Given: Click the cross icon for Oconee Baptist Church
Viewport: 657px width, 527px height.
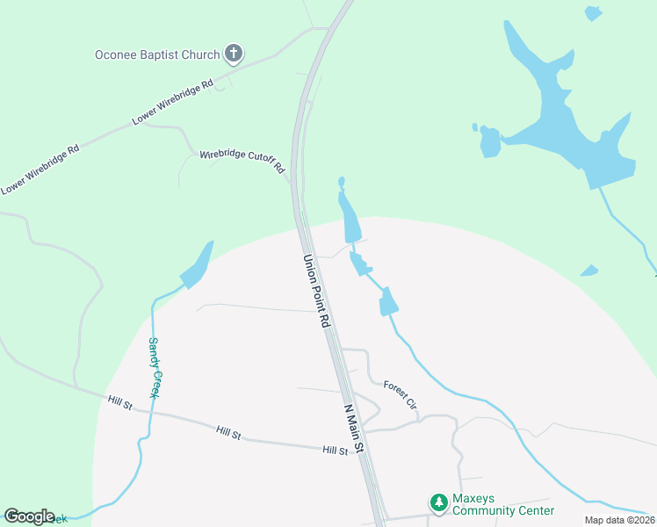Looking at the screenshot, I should pos(234,54).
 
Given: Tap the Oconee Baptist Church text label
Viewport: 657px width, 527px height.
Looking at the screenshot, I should pos(157,54).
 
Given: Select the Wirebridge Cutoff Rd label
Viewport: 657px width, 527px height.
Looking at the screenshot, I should pos(242,161).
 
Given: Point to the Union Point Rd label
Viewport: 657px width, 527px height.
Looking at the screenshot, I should pos(316,292).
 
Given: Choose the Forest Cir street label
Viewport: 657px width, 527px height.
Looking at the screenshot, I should pos(400,393).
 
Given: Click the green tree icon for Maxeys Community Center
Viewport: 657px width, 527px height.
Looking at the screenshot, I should pos(438,502).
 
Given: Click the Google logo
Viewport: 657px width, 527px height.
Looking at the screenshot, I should pos(30,516).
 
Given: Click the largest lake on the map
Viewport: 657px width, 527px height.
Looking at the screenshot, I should pos(562,123).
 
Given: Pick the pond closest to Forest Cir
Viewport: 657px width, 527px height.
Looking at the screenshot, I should pos(387,303).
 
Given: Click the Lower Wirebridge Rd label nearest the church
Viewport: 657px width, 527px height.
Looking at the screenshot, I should pos(174,103).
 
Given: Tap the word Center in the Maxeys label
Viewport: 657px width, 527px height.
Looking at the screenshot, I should pos(533,510).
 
